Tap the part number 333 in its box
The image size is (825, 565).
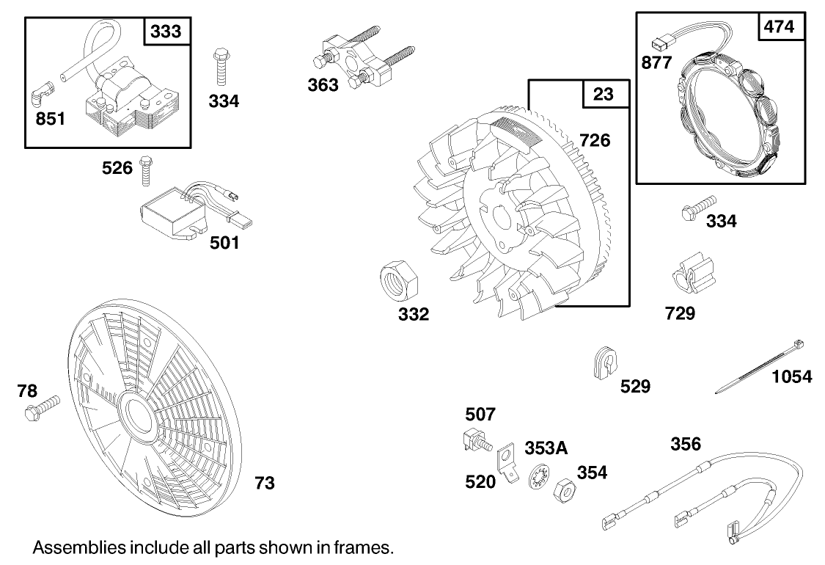(166, 32)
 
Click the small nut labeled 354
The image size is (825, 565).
(565, 489)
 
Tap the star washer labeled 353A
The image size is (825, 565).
(539, 478)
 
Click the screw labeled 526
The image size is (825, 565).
(145, 169)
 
